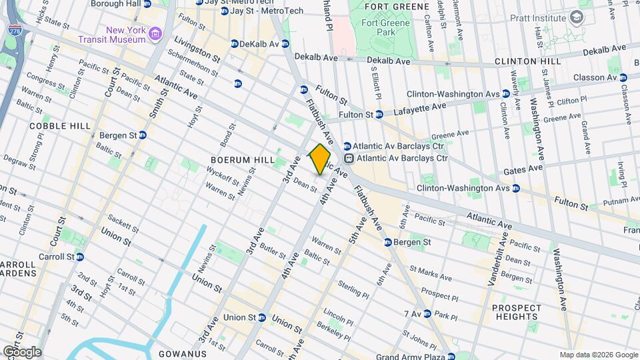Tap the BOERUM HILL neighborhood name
tap(238, 161)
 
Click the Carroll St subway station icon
tap(79, 257)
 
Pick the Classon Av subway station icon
tap(623, 77)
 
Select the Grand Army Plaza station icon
tap(452, 355)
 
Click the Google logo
tap(22, 351)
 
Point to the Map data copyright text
tap(598, 355)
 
